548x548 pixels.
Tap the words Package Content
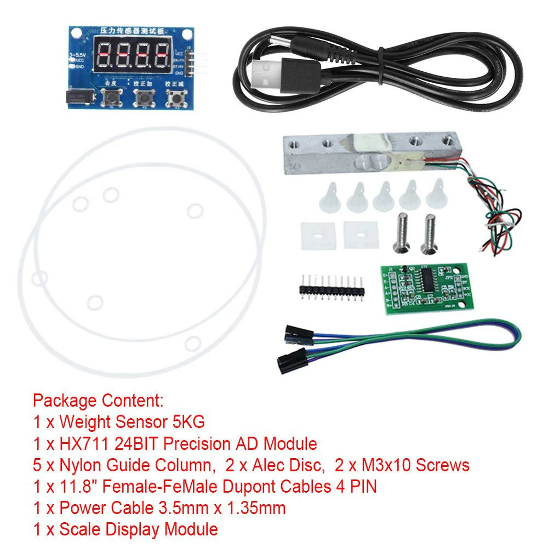click(x=98, y=400)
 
